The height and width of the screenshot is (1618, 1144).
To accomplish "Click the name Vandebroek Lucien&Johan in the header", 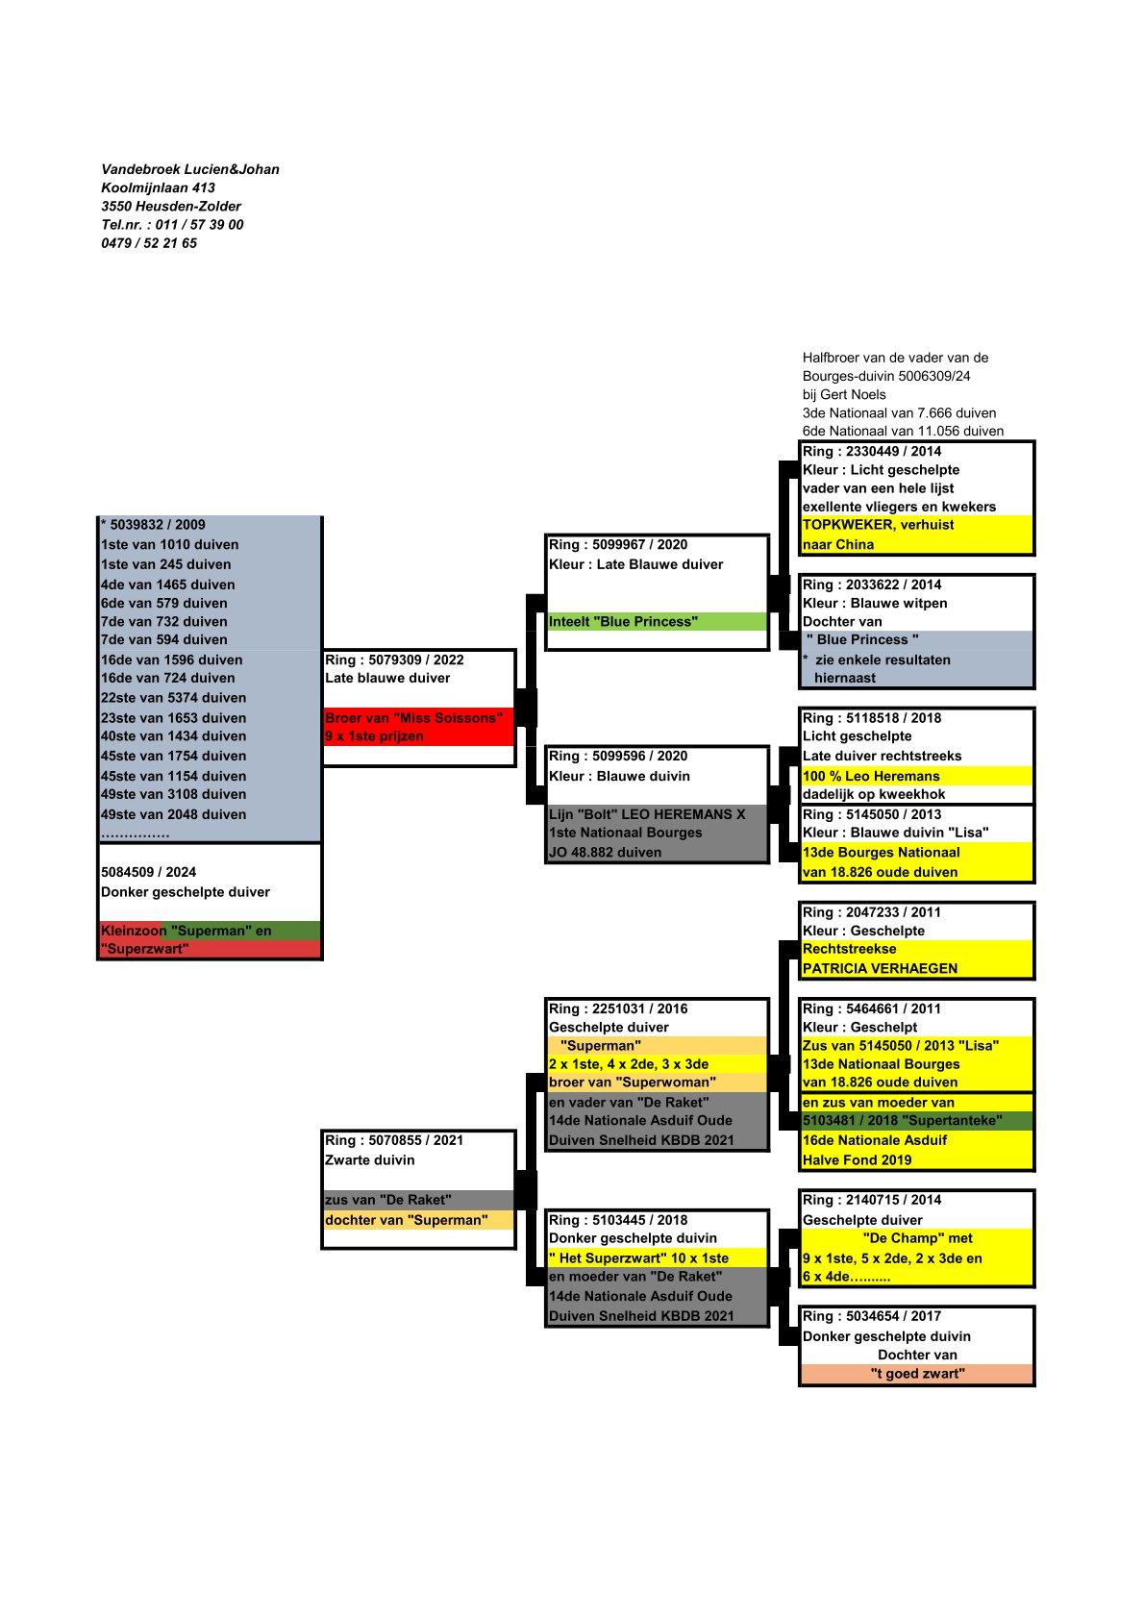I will tap(190, 169).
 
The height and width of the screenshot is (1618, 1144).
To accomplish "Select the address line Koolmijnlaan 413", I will tap(158, 187).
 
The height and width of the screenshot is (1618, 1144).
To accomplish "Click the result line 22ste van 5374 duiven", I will tap(173, 698).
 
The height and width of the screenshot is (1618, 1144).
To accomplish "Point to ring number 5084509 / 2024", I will tap(148, 872).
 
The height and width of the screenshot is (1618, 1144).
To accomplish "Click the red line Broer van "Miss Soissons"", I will tap(413, 717).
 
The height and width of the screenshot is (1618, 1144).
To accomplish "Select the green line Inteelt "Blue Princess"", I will tap(623, 622).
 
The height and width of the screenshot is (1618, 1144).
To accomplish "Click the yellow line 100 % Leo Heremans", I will tap(871, 776).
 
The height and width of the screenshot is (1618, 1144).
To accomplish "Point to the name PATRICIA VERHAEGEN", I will tap(880, 968).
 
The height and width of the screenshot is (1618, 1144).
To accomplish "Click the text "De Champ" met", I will tap(917, 1238).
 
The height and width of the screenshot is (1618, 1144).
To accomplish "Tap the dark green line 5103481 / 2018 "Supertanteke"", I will tap(902, 1121).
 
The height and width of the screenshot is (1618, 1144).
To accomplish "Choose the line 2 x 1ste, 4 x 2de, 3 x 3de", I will tap(628, 1064).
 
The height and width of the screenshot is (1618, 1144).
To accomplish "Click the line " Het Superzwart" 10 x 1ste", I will tap(638, 1257).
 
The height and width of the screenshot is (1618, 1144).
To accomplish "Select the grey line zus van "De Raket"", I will tap(388, 1200).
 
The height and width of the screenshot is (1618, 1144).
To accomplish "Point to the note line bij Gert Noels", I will tap(844, 394).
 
